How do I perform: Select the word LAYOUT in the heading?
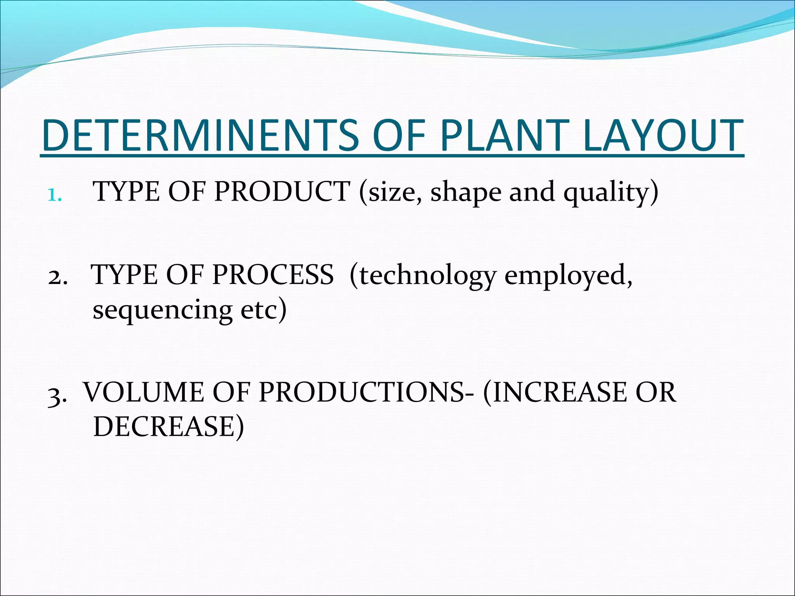click(663, 135)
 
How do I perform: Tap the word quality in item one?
click(606, 193)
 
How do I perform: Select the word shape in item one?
click(465, 193)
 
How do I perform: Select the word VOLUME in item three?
click(144, 392)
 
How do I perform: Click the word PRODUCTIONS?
click(361, 392)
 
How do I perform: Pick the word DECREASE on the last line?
click(164, 427)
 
